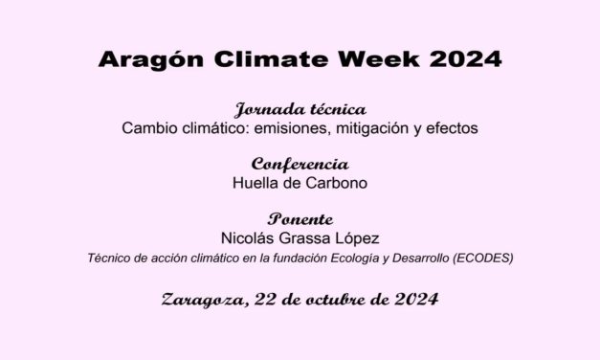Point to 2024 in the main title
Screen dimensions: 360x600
pyautogui.click(x=462, y=59)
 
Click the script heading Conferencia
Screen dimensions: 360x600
pyautogui.click(x=300, y=164)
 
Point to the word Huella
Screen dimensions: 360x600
pyautogui.click(x=255, y=182)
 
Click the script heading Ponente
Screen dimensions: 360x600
pyautogui.click(x=300, y=218)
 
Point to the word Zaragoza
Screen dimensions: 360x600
pyautogui.click(x=200, y=300)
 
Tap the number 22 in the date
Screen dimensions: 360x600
pyautogui.click(x=261, y=299)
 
